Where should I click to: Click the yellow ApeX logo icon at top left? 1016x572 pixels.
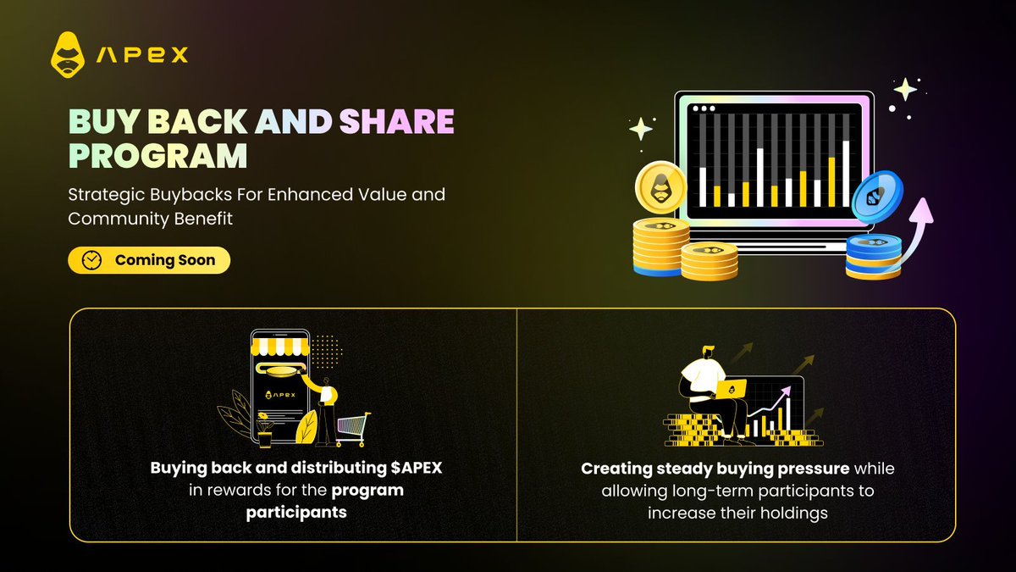point(68,54)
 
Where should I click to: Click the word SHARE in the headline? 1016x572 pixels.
point(397,122)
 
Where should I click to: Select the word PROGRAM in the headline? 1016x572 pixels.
point(158,156)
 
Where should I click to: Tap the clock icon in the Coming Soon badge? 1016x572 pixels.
point(91,260)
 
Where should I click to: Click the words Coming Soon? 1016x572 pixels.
point(165,260)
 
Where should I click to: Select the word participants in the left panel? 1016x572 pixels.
point(296,513)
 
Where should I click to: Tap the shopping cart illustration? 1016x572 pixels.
point(352,429)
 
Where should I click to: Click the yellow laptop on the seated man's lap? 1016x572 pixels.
point(732,388)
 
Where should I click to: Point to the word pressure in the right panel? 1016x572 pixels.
point(814,469)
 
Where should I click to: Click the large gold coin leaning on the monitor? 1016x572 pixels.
point(661,187)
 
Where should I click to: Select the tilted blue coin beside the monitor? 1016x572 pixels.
point(877,196)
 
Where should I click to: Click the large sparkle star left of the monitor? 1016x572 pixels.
point(641,129)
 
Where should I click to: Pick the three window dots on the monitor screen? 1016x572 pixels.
point(704,108)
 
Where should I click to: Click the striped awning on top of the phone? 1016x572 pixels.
point(280,347)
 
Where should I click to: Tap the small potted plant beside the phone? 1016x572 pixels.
point(264,430)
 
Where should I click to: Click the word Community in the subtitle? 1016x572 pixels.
point(119,219)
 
